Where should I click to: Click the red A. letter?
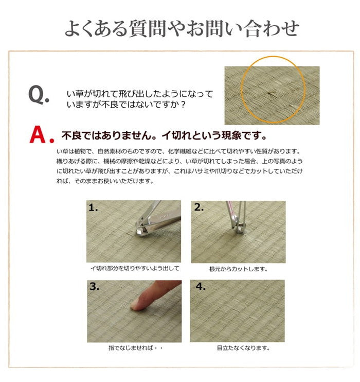42,134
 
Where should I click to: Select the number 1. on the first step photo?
94,208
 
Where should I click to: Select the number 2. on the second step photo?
199,208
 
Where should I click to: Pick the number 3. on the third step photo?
94,287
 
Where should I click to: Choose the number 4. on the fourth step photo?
199,287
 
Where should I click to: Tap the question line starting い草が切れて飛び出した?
140,94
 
